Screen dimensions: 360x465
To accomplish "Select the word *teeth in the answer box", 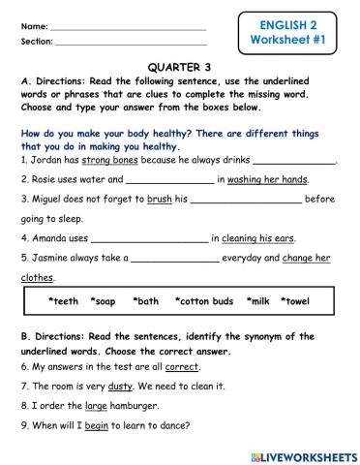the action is pos(63,301).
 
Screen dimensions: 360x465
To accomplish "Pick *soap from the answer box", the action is pos(103,301).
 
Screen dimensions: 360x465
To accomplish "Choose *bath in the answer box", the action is pos(146,301).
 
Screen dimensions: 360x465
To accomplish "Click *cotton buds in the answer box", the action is pos(205,301).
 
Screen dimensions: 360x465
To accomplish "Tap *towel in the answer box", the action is pos(295,301).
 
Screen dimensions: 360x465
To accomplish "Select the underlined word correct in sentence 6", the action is pos(181,368).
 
